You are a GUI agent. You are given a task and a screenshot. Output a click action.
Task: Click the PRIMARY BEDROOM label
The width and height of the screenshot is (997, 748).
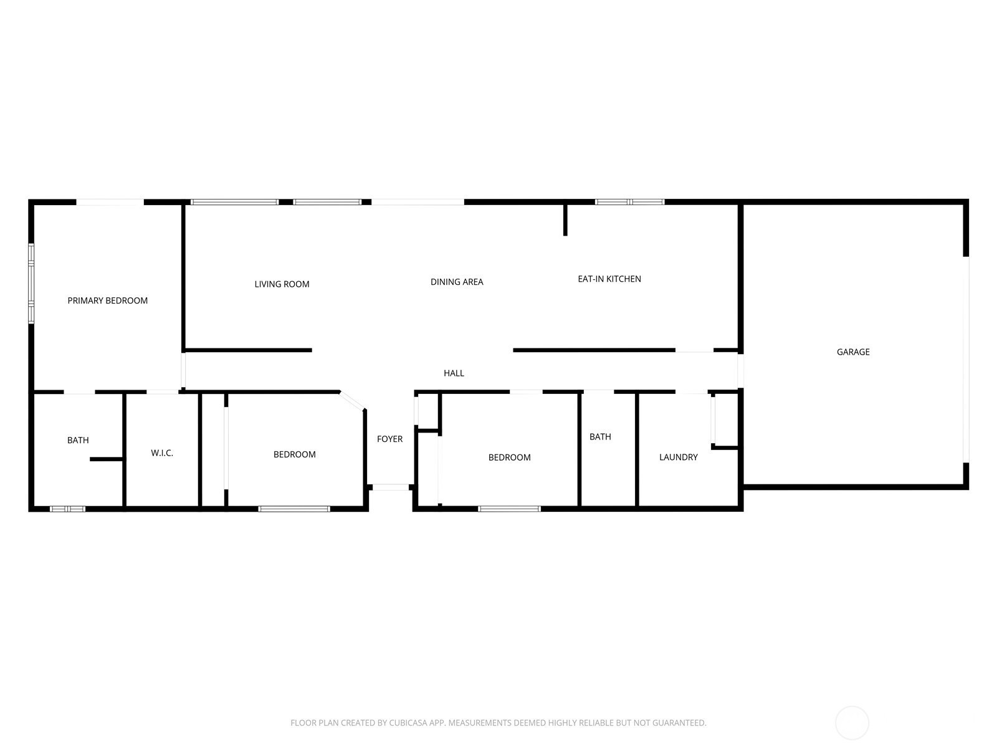[108, 300]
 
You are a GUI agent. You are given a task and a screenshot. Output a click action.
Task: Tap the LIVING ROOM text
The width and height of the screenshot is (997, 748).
[282, 284]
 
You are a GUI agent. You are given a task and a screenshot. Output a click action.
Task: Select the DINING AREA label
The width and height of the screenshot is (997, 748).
[457, 282]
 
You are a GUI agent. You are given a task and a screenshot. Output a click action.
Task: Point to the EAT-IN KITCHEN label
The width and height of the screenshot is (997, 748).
[609, 279]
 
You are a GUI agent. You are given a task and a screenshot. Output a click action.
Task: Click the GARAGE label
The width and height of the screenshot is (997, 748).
[853, 352]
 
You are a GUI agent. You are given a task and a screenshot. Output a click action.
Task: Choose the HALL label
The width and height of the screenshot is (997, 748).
[454, 373]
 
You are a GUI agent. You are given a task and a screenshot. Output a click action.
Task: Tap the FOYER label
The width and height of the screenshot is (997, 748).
[389, 439]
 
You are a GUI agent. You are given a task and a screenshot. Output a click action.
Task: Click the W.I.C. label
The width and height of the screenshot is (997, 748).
[162, 453]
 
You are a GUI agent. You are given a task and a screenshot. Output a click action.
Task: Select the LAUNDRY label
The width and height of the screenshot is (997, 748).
[678, 458]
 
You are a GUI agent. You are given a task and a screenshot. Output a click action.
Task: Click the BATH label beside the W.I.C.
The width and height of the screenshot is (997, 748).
[78, 440]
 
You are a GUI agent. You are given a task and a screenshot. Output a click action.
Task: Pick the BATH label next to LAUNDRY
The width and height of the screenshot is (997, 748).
[600, 437]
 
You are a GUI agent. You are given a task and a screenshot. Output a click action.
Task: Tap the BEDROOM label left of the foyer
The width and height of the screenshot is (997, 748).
[294, 454]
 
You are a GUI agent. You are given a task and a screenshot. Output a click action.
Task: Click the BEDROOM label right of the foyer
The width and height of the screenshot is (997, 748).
[509, 458]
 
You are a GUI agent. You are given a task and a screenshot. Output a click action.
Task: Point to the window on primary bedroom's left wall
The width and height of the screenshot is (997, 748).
[31, 284]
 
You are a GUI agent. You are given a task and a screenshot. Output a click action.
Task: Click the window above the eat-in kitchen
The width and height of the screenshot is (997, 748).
[629, 202]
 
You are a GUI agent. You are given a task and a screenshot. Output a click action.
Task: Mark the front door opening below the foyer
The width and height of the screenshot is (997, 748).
[391, 487]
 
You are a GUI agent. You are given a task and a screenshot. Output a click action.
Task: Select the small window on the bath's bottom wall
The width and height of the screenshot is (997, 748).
[67, 509]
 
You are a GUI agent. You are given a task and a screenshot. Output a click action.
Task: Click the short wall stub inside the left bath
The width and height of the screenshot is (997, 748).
[107, 459]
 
